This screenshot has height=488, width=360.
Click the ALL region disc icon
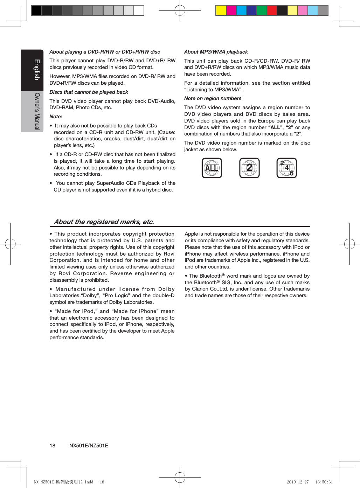tap(212, 168)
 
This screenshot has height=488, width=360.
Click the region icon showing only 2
tap(249, 168)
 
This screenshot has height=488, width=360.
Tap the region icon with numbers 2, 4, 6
tap(287, 168)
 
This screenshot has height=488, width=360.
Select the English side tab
tap(32, 70)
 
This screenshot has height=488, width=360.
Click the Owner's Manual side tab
tap(32, 112)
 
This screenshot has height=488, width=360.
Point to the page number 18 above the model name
tap(53, 446)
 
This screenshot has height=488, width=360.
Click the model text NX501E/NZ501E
tap(89, 446)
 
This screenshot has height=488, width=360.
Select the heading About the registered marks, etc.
tap(104, 222)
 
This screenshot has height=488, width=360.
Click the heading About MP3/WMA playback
tap(216, 52)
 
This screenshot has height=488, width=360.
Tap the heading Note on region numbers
tap(213, 98)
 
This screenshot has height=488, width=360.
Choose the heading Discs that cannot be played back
tap(89, 92)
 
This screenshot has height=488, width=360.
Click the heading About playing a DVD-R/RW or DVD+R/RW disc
tap(105, 52)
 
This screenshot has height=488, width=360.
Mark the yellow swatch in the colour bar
tap(221, 11)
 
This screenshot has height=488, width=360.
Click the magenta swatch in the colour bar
tap(231, 11)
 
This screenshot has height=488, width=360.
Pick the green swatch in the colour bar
tap(262, 11)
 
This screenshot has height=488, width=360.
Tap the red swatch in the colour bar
tap(272, 11)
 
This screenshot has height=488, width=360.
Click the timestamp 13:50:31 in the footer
tap(324, 482)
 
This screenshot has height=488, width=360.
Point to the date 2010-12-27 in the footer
tap(298, 482)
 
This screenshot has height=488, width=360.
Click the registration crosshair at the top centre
tap(180, 11)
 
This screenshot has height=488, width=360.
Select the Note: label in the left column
tap(56, 117)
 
